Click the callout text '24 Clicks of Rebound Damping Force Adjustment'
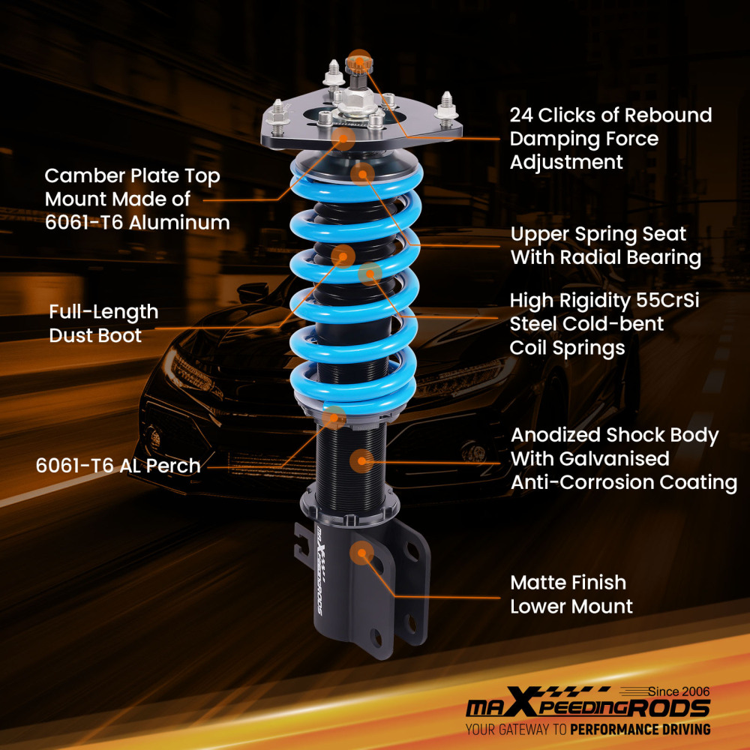point(610,139)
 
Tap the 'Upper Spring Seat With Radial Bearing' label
point(605,245)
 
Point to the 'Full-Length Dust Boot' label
point(103,323)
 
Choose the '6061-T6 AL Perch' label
point(118,466)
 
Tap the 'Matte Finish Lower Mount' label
point(571,594)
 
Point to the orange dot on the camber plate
point(344,137)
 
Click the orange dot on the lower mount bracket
point(361,553)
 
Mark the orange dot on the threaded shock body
point(361,460)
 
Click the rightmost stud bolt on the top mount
point(447,104)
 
